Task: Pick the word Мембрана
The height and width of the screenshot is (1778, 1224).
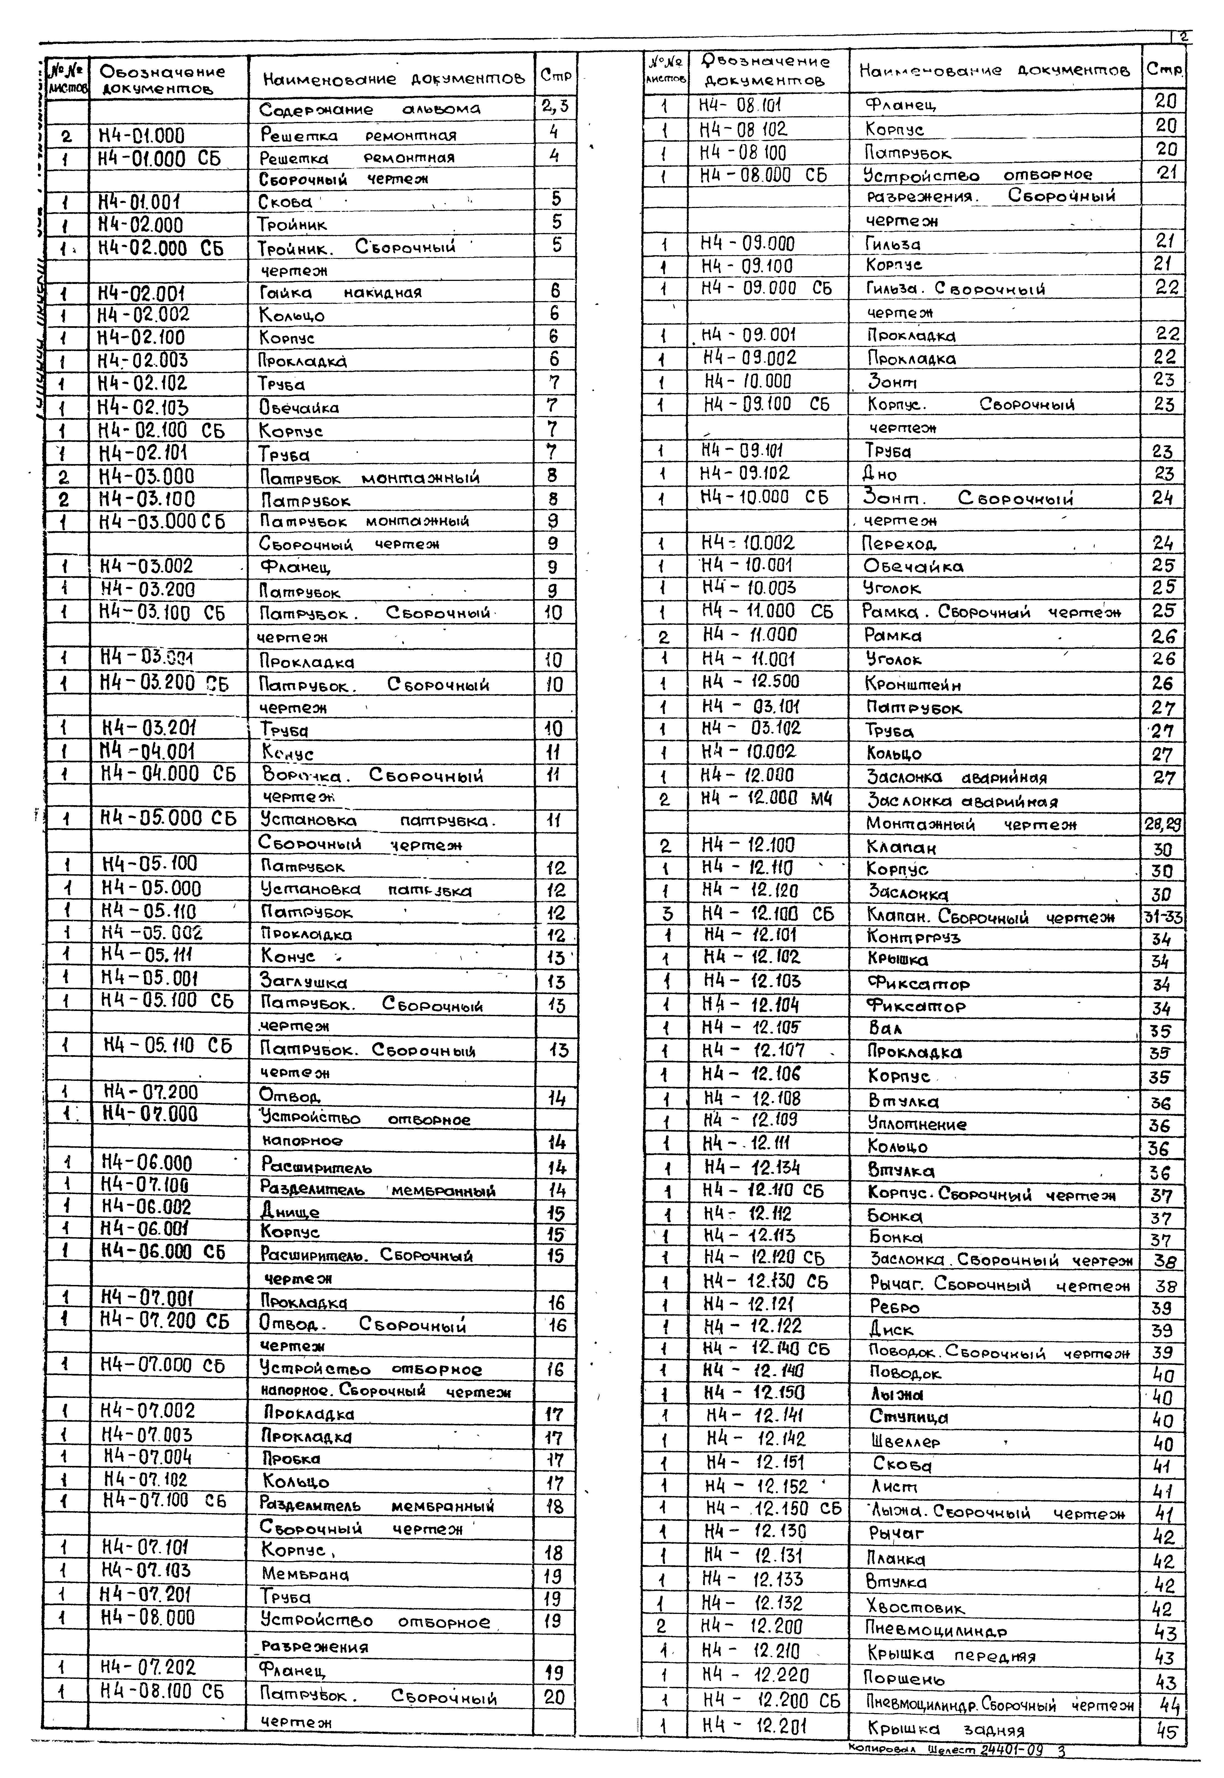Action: [x=304, y=1575]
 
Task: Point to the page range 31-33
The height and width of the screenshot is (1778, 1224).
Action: [x=1163, y=917]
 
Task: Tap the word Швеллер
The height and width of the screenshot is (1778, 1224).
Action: [x=905, y=1441]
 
